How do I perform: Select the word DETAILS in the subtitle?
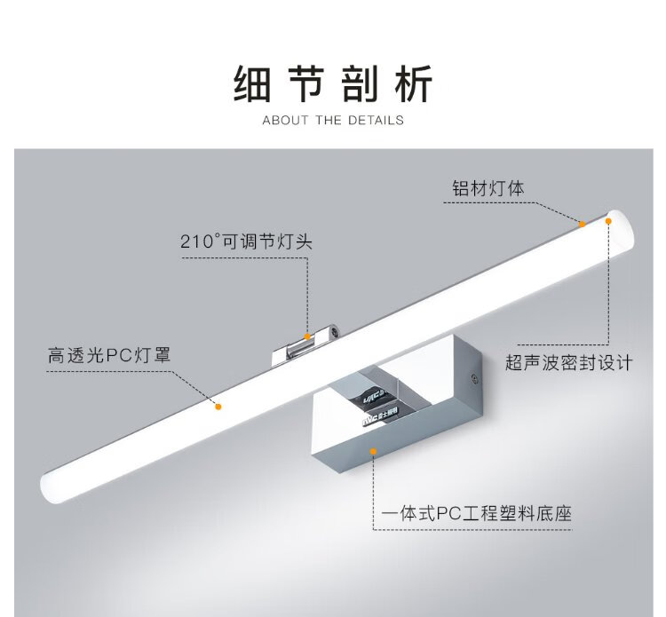(377, 120)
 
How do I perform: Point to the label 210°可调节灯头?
(246, 241)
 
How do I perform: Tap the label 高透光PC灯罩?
(109, 356)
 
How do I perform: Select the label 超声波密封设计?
(568, 362)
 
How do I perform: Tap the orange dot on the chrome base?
(374, 451)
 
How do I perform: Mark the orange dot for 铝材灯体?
(582, 224)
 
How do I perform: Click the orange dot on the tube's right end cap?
(609, 220)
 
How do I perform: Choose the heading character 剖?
(360, 85)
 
